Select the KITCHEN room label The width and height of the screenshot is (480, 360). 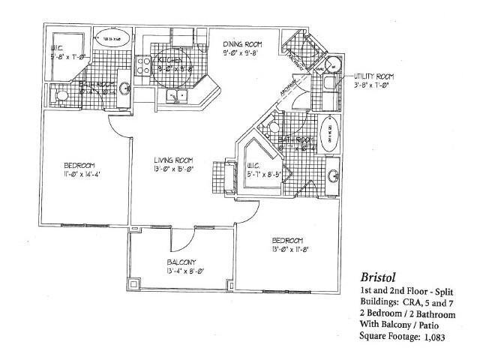[169, 61]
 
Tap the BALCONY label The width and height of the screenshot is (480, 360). [181, 262]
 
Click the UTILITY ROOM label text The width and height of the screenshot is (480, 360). [375, 76]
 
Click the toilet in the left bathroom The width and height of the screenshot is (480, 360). [63, 95]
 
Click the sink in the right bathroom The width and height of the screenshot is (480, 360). [332, 177]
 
